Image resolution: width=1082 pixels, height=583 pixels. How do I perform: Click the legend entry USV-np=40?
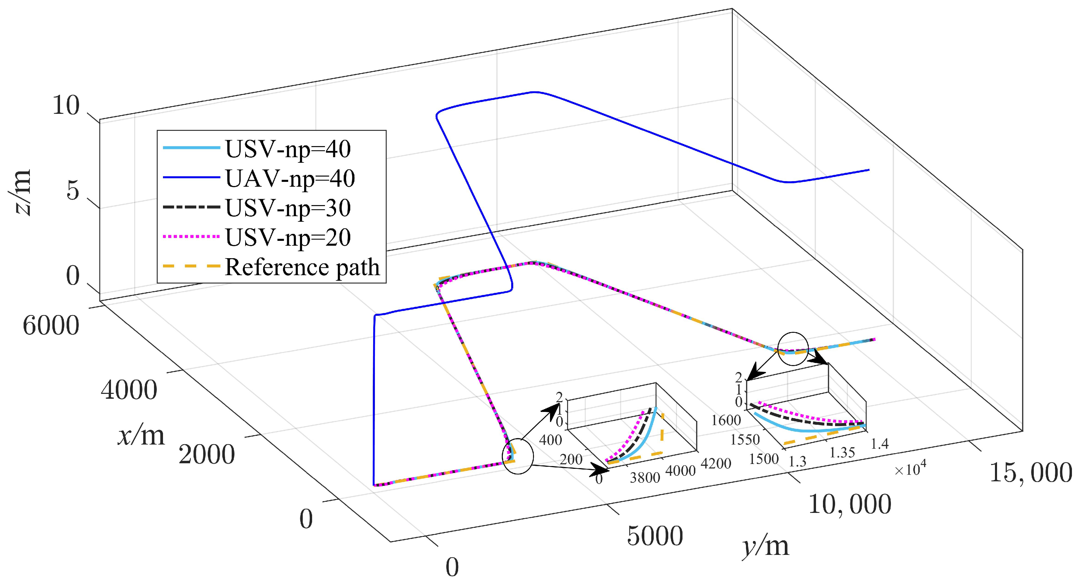(288, 149)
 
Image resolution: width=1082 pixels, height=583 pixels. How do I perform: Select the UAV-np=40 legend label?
(290, 178)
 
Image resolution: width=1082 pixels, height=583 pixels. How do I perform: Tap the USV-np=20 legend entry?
(288, 237)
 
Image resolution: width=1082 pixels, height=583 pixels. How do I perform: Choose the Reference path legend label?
(302, 267)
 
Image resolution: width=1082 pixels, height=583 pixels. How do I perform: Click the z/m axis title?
(20, 193)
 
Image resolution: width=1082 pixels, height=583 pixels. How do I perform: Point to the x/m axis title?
(141, 436)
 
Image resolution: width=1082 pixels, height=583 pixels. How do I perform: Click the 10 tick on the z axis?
(66, 105)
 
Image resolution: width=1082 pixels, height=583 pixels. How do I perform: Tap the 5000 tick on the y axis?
(655, 536)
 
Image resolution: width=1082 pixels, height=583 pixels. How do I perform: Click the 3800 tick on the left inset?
(645, 478)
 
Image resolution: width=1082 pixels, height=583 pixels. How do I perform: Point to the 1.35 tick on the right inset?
(842, 453)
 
